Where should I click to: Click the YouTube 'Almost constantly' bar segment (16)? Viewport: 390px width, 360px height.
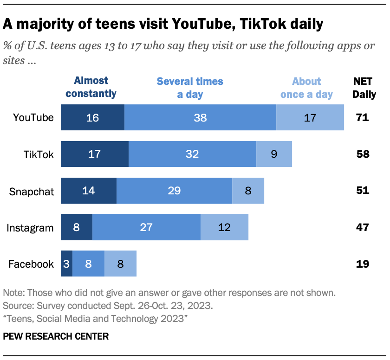(92, 117)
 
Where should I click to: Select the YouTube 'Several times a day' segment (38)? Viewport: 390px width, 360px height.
(200, 117)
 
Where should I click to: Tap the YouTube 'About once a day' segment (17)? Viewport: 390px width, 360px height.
(310, 117)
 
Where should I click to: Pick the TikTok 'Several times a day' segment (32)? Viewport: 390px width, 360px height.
(192, 154)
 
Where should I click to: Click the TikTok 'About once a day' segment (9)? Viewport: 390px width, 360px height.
(274, 154)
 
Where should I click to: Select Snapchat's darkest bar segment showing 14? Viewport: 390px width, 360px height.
(89, 191)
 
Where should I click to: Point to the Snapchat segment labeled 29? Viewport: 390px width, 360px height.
(174, 191)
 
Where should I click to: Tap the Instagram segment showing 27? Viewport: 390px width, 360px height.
(146, 227)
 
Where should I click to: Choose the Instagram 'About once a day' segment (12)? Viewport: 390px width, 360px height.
(224, 227)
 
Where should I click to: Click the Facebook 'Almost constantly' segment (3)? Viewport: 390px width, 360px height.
(66, 264)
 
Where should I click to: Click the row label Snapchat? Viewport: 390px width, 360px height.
(32, 191)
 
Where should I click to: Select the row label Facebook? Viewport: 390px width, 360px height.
(31, 264)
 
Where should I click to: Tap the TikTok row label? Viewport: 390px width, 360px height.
(39, 154)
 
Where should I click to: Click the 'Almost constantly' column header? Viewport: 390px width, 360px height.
(91, 87)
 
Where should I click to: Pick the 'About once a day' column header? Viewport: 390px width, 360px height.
(306, 87)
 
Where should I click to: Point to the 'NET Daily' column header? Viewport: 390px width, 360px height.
(364, 87)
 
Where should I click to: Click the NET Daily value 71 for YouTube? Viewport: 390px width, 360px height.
(363, 117)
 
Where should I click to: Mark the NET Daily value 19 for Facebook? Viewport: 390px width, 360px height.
(363, 264)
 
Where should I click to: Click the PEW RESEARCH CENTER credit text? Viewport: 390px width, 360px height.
(56, 336)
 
